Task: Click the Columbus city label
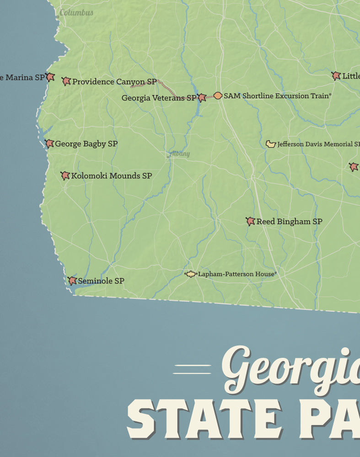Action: pos(76,13)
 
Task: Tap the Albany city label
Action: pos(179,154)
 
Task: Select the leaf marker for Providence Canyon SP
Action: pos(66,81)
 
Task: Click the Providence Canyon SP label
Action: pos(114,82)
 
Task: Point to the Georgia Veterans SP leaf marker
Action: pos(202,97)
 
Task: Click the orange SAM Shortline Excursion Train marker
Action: pos(218,96)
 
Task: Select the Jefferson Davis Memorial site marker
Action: pos(271,144)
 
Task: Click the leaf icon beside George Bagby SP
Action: pos(49,143)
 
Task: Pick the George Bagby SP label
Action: pos(86,144)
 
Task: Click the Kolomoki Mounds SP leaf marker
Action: pos(65,175)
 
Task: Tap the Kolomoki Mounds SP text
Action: pos(112,176)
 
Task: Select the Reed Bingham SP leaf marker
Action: pos(250,221)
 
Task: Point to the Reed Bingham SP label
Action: pos(289,222)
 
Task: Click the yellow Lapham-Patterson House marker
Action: pos(191,274)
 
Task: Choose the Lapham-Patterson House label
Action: pos(237,274)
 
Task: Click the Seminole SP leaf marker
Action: pos(72,281)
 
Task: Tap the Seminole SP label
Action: pos(101,281)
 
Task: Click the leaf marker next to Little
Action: pos(336,76)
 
